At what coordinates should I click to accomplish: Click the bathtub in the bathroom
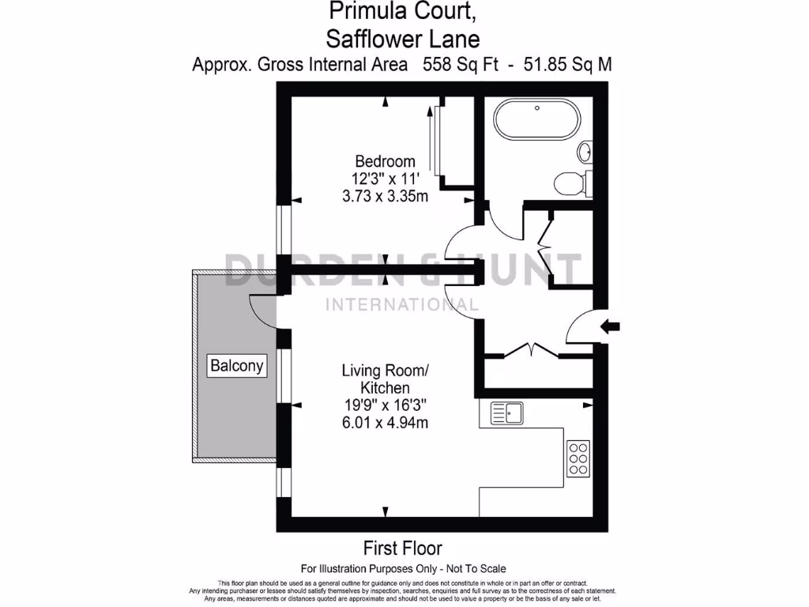pyautogui.click(x=536, y=122)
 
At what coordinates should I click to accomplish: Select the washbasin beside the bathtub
pyautogui.click(x=585, y=151)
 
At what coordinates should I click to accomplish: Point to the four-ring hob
pyautogui.click(x=578, y=458)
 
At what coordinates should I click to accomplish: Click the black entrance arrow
pyautogui.click(x=611, y=326)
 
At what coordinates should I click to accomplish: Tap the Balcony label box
pyautogui.click(x=237, y=366)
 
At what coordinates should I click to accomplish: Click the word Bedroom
pyautogui.click(x=385, y=161)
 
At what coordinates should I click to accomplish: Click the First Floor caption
pyautogui.click(x=402, y=548)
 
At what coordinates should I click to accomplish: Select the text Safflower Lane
pyautogui.click(x=402, y=37)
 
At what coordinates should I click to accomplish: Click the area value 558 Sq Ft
pyautogui.click(x=461, y=65)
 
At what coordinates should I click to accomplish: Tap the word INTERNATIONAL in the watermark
pyautogui.click(x=402, y=305)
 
